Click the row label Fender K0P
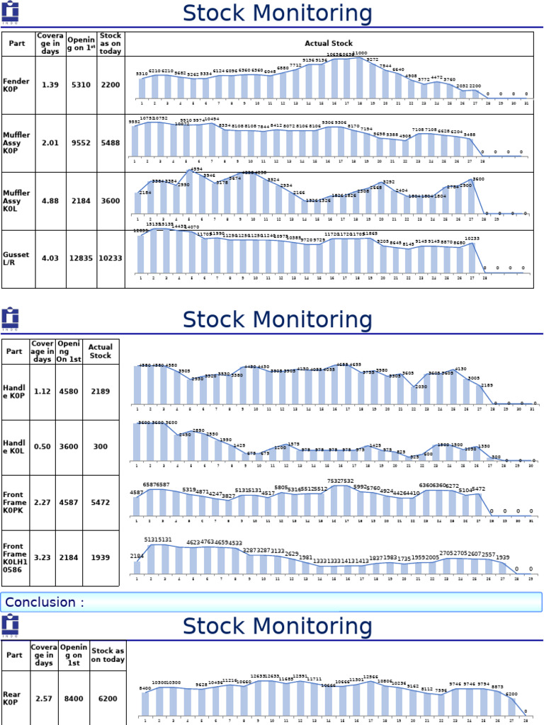click(x=15, y=85)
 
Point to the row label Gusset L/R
click(x=15, y=258)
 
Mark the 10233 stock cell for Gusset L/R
click(x=110, y=258)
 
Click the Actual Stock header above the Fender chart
click(x=329, y=44)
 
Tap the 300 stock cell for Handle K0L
click(x=101, y=447)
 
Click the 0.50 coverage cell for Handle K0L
click(x=42, y=447)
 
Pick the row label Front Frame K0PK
click(x=13, y=503)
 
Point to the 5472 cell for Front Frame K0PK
click(x=101, y=503)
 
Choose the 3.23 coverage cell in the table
click(x=42, y=557)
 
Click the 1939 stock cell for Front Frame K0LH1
click(x=101, y=557)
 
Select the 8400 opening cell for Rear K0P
click(x=73, y=699)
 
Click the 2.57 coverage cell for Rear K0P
click(x=42, y=699)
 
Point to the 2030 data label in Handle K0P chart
click(x=420, y=387)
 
